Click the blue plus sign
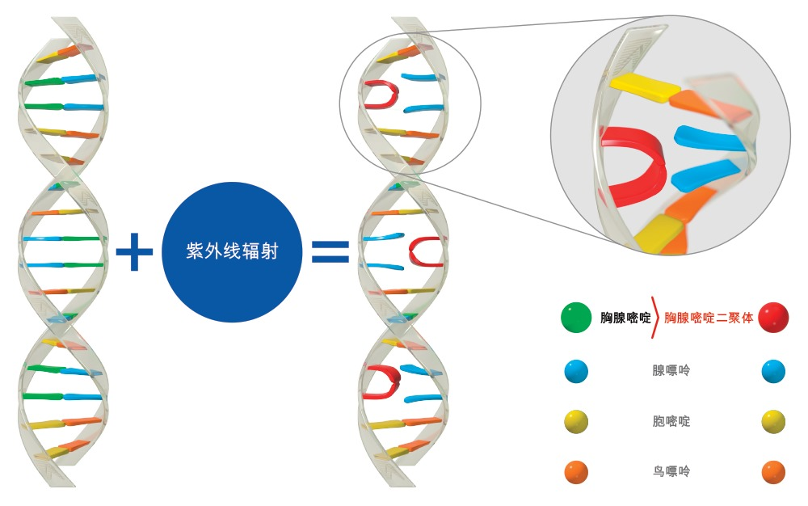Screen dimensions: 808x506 pos(134,251)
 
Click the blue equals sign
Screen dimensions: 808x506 pos(330,251)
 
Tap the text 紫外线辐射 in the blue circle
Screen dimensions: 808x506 pos(232,251)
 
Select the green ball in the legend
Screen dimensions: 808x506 pos(576,317)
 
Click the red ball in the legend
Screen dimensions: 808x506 pos(773,317)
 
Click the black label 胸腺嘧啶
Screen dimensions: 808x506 pos(625,318)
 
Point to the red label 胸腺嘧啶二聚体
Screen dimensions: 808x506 pos(709,318)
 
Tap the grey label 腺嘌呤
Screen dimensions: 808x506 pos(671,370)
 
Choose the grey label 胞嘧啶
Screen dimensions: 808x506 pos(671,421)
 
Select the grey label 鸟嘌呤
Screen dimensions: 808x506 pos(671,471)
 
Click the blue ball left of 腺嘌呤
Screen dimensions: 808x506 pos(576,371)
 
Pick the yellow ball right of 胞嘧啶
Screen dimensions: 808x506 pos(773,421)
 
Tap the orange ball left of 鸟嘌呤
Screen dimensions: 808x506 pos(576,472)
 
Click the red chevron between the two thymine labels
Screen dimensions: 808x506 pos(655,318)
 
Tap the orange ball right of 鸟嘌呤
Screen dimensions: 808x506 pos(773,472)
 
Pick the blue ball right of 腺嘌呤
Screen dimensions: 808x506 pos(773,371)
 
